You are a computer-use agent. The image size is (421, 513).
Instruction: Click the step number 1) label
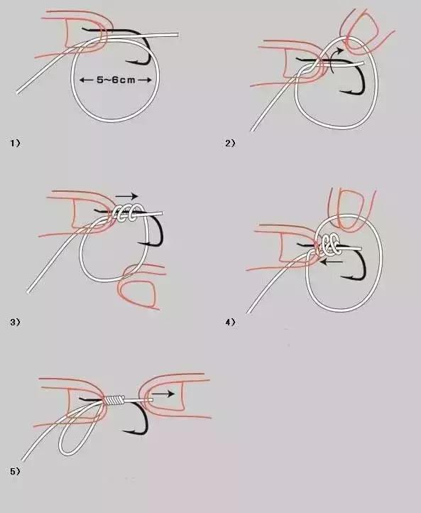[x=15, y=143]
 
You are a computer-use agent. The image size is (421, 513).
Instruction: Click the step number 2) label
[x=230, y=143]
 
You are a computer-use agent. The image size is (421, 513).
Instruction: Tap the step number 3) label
[x=15, y=322]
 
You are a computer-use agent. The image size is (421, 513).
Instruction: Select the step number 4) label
[x=230, y=323]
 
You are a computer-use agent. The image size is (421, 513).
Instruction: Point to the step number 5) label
[x=15, y=472]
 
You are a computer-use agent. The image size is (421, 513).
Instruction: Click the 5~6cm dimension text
[x=116, y=80]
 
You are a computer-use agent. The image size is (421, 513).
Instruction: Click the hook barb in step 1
[x=129, y=61]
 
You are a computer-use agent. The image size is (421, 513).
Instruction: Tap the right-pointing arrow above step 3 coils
[x=126, y=196]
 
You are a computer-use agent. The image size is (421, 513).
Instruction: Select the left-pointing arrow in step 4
[x=331, y=261]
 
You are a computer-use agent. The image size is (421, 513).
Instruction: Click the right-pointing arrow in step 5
[x=163, y=394]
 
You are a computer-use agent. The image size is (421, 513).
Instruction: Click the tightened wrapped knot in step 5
[x=114, y=400]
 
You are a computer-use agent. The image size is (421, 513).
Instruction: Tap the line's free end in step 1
[x=177, y=35]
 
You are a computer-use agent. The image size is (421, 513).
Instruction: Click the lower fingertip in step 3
[x=139, y=286]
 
